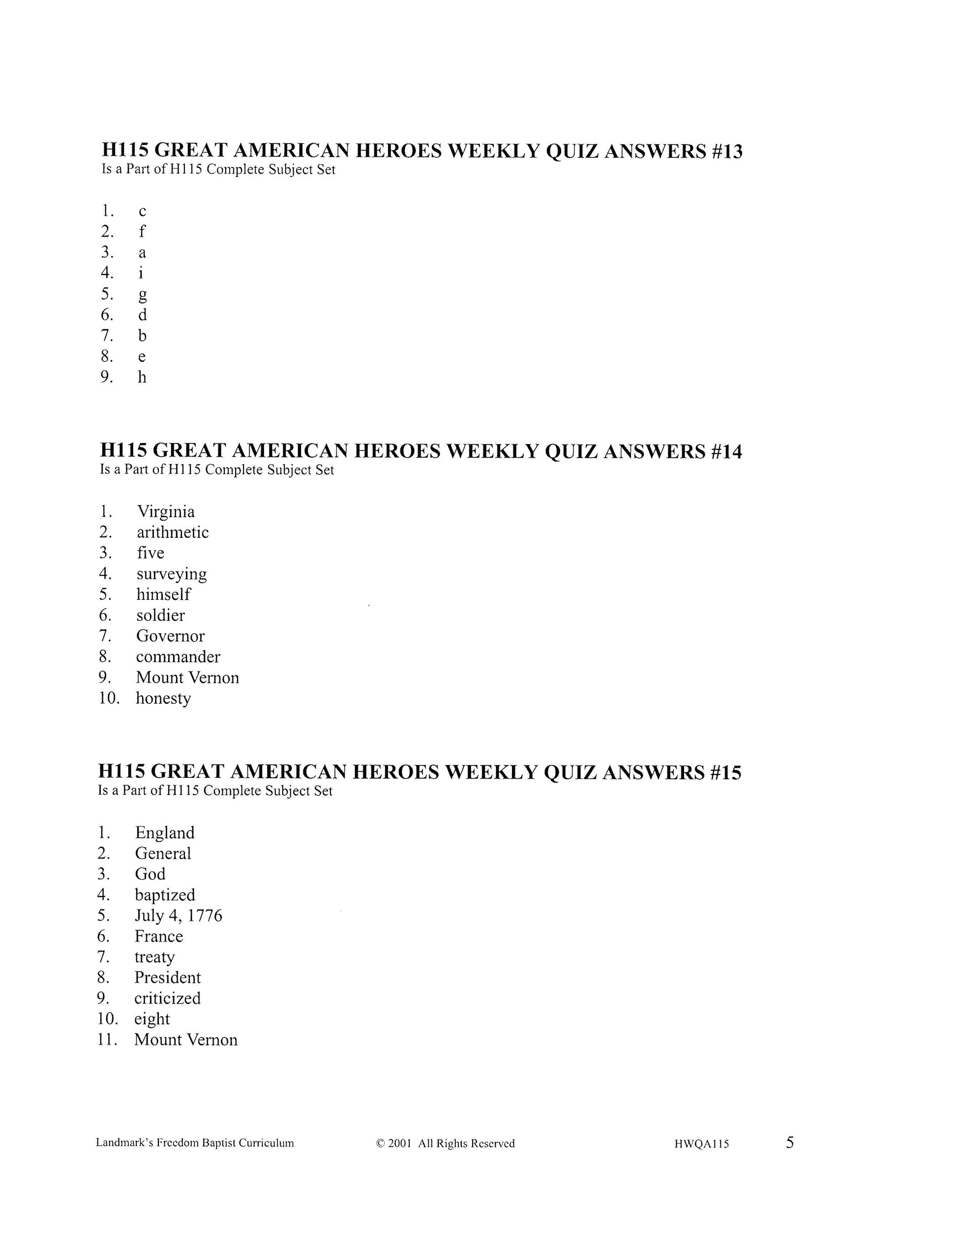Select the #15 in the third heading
click(724, 772)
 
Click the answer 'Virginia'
click(166, 512)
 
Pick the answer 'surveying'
click(171, 574)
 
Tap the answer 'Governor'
click(170, 636)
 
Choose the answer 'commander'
click(178, 657)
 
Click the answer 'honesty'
click(163, 698)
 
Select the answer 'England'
click(164, 833)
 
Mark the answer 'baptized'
click(164, 895)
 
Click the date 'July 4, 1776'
click(178, 915)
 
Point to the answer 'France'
click(159, 937)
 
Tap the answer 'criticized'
click(167, 998)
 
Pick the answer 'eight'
click(152, 1019)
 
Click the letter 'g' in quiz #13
click(142, 295)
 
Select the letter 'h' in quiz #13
click(142, 377)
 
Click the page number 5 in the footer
click(790, 1142)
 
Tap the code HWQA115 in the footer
click(701, 1144)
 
